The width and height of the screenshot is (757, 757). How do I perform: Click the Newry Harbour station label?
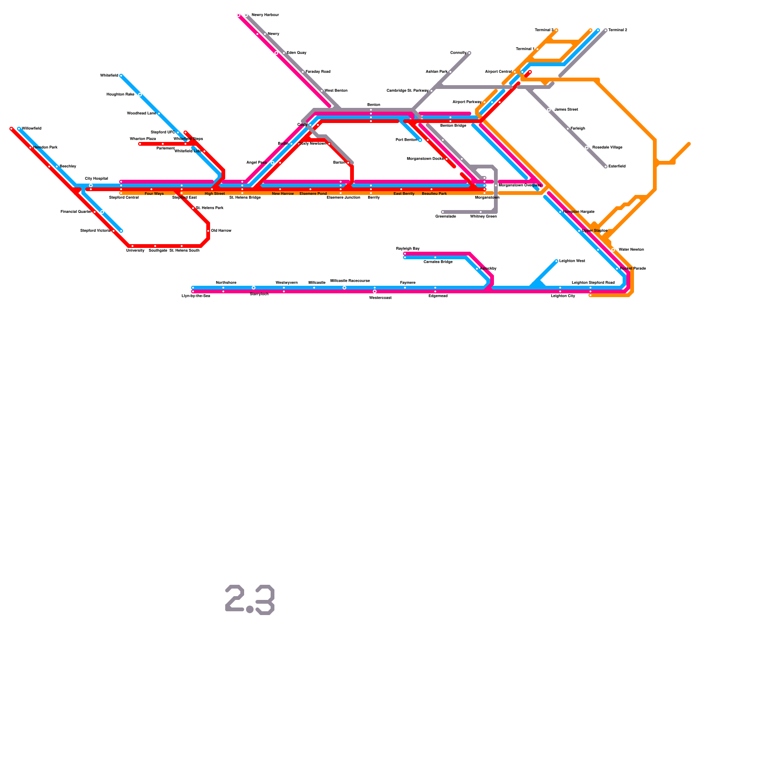(x=265, y=15)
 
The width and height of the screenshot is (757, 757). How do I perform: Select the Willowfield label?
(x=32, y=129)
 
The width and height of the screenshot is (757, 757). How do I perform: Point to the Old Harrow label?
(x=221, y=231)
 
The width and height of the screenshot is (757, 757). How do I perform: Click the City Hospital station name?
(x=96, y=179)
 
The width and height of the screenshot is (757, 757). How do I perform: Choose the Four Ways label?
(x=154, y=194)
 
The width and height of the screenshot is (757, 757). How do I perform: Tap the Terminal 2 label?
(x=617, y=30)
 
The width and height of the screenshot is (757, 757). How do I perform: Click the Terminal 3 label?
(x=544, y=30)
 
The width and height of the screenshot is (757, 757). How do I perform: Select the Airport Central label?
(x=498, y=72)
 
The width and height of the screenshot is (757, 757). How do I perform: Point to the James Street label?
(x=566, y=110)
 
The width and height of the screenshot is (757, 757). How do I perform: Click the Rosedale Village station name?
(x=607, y=148)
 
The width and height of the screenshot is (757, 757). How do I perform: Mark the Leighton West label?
(x=572, y=261)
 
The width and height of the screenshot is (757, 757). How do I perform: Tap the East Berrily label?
(x=404, y=194)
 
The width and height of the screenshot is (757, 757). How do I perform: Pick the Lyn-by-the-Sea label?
(x=196, y=296)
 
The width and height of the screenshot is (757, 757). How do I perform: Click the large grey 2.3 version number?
(x=250, y=600)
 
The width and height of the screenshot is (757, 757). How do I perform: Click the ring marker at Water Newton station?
(x=613, y=250)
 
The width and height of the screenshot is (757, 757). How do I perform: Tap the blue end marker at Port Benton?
(x=420, y=140)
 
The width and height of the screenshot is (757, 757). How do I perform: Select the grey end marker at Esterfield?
(x=606, y=167)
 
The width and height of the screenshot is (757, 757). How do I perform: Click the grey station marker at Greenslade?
(x=443, y=212)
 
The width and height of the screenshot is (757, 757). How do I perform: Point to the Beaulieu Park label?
(x=434, y=194)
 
